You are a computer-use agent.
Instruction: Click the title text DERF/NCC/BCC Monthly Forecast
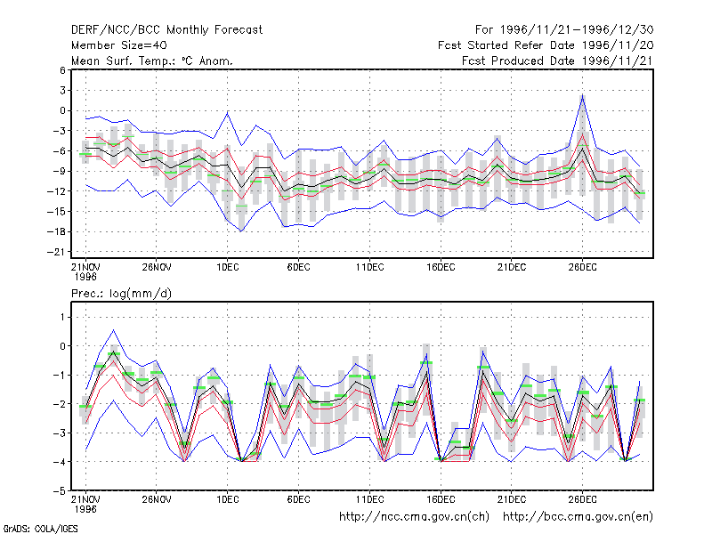point(166,30)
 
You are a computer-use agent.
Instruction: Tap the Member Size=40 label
point(119,45)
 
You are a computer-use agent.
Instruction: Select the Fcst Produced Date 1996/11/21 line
point(557,61)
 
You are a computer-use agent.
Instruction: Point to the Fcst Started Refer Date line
point(546,45)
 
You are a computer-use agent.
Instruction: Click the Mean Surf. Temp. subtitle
point(151,61)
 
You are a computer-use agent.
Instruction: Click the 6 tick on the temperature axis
point(62,70)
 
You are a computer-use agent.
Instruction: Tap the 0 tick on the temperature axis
point(62,110)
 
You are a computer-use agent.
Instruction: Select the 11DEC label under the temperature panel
point(369,268)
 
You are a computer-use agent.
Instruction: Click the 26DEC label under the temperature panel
point(583,268)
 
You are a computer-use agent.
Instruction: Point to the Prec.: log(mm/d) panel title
point(121,294)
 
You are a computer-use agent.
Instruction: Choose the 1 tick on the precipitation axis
point(63,317)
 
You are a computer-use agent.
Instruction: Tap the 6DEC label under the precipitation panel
point(298,499)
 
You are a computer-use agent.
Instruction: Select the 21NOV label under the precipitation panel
point(85,499)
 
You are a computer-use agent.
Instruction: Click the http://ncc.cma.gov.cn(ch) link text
point(414,517)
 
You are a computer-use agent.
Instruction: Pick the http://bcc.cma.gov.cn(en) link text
point(578,517)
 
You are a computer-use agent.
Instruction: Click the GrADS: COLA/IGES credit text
point(40,529)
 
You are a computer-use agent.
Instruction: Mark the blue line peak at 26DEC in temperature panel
point(583,95)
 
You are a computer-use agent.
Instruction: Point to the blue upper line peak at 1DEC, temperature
point(228,112)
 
